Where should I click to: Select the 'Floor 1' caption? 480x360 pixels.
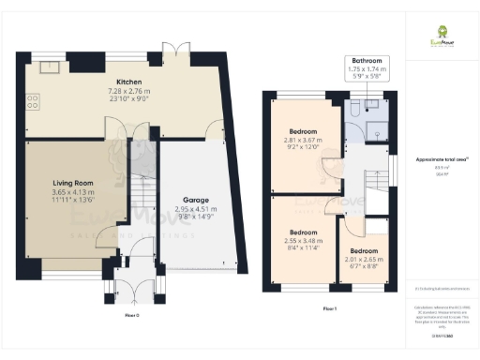click(x=329, y=307)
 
